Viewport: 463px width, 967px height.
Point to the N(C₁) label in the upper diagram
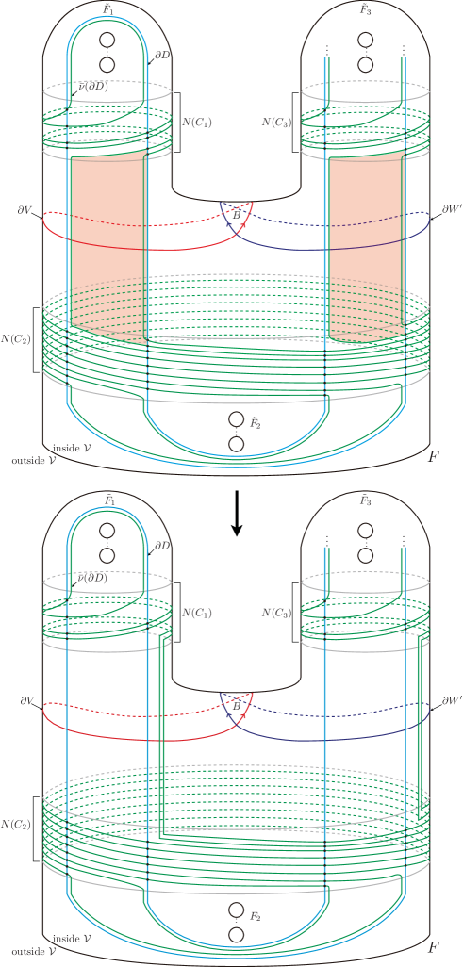coord(196,122)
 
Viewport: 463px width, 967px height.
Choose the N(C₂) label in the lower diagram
coord(17,824)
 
